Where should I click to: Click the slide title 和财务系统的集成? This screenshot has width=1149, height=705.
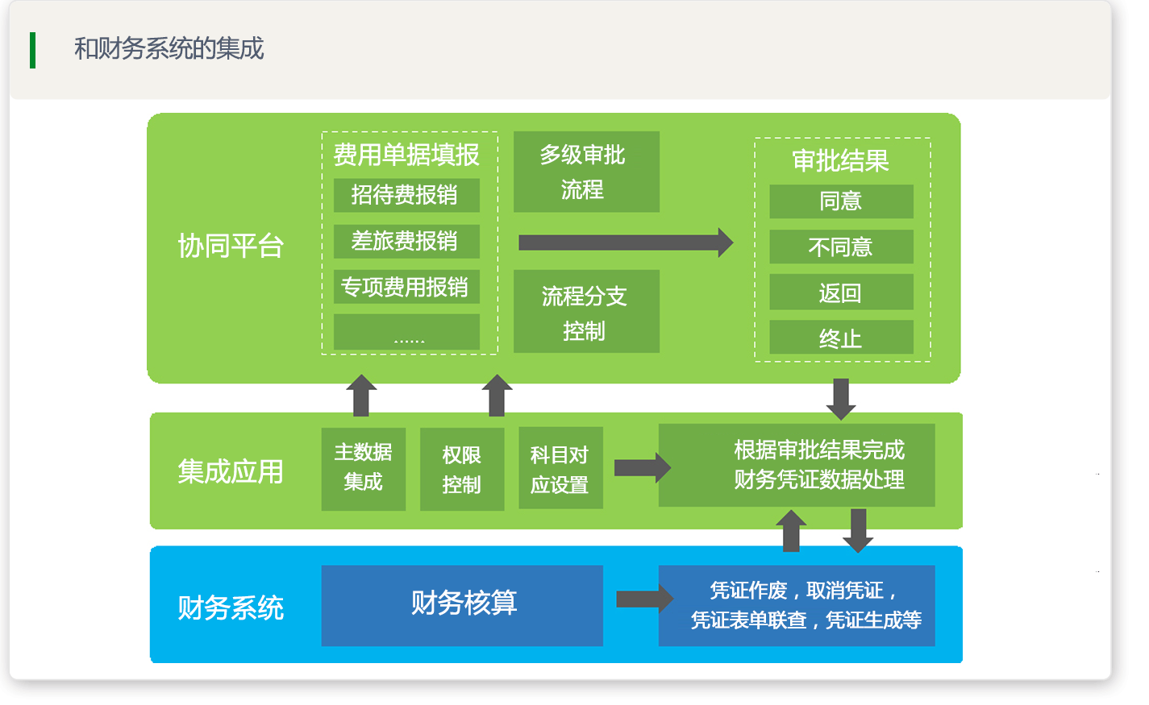click(169, 48)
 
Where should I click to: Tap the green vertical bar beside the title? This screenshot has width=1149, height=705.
click(33, 50)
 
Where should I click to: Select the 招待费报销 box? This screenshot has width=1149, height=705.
click(406, 195)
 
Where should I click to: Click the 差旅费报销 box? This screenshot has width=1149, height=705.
click(406, 241)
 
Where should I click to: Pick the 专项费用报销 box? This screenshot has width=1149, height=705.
click(406, 287)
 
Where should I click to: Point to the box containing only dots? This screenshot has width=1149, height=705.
click(406, 332)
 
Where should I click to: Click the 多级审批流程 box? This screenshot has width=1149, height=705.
click(586, 172)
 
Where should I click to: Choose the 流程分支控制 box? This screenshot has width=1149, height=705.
click(586, 311)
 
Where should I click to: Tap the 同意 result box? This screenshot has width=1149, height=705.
click(841, 201)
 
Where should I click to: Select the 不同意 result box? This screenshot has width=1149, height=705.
click(841, 247)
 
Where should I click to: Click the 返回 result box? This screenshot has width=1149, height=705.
click(841, 292)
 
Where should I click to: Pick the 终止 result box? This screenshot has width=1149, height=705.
click(841, 338)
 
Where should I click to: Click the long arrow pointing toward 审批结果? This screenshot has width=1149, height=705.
click(626, 243)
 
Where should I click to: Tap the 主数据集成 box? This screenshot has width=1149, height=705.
click(363, 469)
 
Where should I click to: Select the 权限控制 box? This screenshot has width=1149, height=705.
click(462, 469)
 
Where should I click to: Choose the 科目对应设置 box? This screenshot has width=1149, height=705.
click(560, 468)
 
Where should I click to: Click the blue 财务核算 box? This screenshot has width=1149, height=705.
click(462, 606)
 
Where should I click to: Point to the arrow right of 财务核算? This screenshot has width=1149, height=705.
click(645, 599)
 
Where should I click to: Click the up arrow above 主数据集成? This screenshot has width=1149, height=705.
click(361, 396)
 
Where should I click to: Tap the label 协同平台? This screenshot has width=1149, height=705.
click(231, 246)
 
